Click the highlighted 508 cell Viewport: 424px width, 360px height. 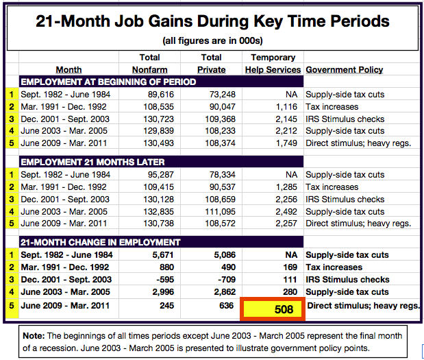click(x=273, y=309)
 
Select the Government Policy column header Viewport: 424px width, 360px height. click(x=345, y=70)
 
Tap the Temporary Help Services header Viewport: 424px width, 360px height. click(x=273, y=64)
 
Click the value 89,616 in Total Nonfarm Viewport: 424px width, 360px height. click(x=160, y=95)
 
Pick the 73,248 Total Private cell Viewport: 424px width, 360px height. click(x=223, y=95)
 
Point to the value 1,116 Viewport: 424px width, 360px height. click(x=286, y=107)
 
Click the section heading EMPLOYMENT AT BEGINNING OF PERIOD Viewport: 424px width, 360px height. click(x=108, y=82)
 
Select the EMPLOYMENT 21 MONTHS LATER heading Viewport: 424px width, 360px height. click(x=92, y=162)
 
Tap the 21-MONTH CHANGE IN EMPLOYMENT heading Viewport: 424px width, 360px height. click(x=100, y=242)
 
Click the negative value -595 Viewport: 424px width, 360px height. click(x=165, y=280)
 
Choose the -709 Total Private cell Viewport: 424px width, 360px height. click(x=227, y=280)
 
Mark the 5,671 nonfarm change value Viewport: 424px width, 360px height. click(x=163, y=255)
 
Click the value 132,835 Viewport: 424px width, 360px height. click(x=158, y=212)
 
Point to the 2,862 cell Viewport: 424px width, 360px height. click(x=225, y=292)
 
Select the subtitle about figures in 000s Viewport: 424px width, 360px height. click(x=212, y=41)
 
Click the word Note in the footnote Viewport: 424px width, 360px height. click(x=34, y=336)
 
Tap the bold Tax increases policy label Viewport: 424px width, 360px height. click(x=334, y=267)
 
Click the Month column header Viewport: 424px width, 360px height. click(x=68, y=70)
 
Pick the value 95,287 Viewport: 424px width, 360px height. click(x=160, y=175)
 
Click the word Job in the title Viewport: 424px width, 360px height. click(x=129, y=21)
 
